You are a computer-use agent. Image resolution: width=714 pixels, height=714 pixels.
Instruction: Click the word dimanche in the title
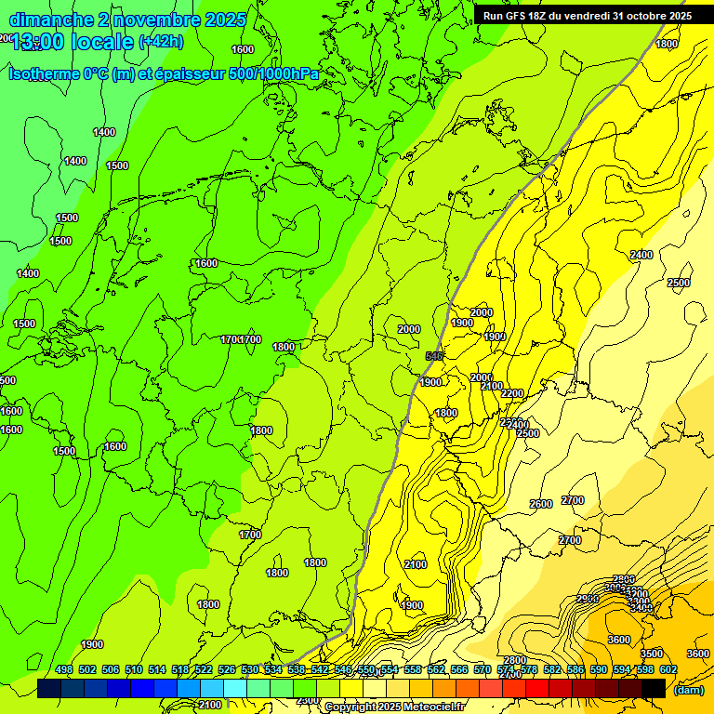coord(51,20)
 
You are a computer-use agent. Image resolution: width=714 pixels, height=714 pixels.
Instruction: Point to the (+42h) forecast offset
coord(161,42)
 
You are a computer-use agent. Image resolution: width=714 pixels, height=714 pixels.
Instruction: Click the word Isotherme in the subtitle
coord(46,73)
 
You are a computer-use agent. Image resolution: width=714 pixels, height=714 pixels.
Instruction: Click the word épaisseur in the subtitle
coord(191,73)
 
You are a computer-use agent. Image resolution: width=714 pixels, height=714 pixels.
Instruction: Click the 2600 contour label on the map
coord(541,504)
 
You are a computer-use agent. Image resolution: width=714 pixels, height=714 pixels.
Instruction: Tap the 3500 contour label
coord(652,654)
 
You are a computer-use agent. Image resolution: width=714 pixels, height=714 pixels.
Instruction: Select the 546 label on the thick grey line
coord(433,356)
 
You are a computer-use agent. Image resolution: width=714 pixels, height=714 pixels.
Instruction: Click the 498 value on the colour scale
coord(64,669)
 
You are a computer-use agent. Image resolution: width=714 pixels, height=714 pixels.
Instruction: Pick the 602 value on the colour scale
coord(668,669)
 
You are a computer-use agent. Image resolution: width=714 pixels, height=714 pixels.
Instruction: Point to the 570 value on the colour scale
coord(483,669)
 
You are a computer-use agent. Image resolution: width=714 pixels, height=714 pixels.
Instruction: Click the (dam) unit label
coord(688,689)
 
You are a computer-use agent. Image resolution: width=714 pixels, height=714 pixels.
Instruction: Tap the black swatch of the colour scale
coord(654,687)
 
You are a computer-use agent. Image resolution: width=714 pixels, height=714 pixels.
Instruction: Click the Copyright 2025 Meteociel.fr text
coord(394,707)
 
